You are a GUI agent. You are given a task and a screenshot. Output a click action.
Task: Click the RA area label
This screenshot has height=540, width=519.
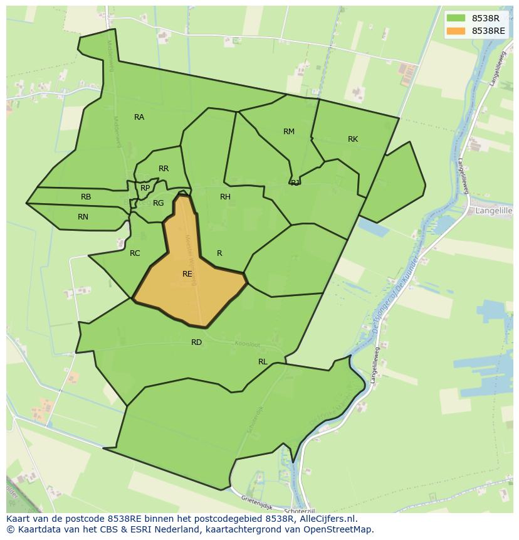pos(139,117)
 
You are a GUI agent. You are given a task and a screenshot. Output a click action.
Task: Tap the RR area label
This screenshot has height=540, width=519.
pos(164,169)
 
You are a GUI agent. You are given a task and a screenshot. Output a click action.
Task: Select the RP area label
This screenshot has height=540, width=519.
pos(145,188)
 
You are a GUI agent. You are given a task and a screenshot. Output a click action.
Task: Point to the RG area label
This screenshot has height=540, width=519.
pos(158,203)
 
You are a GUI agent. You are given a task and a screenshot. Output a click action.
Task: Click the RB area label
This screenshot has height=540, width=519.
pos(86,197)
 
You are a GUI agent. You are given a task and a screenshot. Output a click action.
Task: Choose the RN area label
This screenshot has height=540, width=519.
pos(83,217)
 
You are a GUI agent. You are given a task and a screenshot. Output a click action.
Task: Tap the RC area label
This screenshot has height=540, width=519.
pos(135,253)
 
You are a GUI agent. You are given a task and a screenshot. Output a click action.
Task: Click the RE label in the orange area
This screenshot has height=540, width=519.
pos(187,274)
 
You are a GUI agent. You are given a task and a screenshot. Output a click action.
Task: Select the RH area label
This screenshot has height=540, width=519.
pos(225,197)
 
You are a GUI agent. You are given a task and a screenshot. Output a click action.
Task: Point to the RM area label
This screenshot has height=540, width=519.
pos(288,132)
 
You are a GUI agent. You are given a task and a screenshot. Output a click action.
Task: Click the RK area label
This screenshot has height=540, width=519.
pos(353,139)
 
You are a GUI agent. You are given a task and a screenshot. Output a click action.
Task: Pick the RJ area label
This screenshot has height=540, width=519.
pos(295,183)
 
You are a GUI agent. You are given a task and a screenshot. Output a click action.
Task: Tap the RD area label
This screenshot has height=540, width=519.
pos(197,342)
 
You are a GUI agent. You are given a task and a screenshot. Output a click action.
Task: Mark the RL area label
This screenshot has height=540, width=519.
pos(263,362)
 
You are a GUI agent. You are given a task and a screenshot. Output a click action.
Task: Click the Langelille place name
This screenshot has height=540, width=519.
pos(494,211)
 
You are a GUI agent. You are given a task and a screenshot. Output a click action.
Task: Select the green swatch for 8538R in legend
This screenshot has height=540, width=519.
pos(456,18)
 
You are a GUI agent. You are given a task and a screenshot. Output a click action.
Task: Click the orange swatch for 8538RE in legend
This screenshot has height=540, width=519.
pos(456,31)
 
